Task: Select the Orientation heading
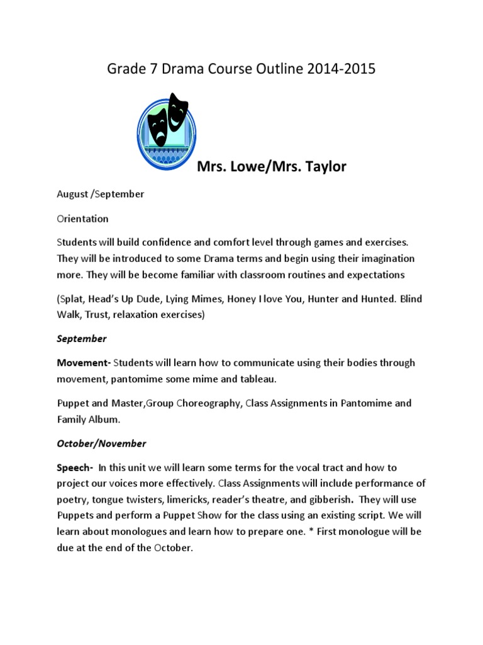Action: [x=82, y=219]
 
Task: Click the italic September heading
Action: [x=82, y=339]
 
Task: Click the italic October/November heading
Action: [x=101, y=443]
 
